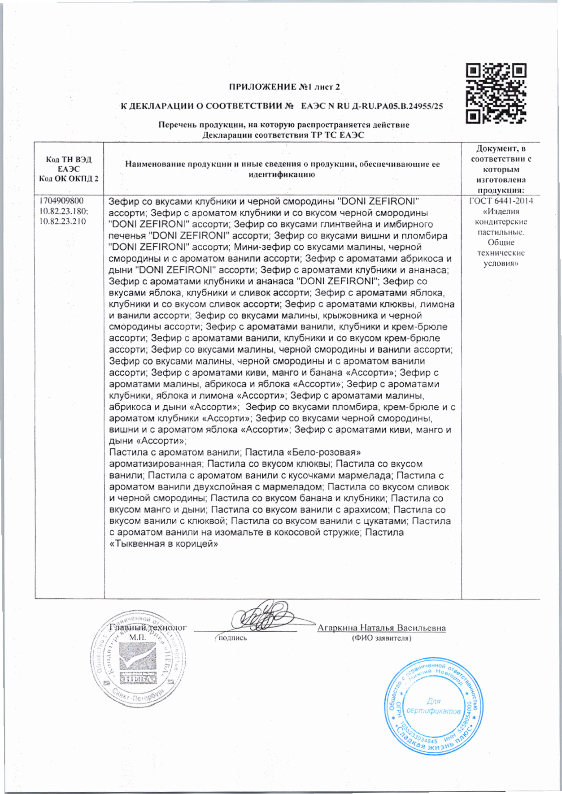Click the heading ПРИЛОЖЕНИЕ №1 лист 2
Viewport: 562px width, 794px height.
(284, 87)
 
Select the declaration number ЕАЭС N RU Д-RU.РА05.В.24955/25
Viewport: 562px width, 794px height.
(372, 106)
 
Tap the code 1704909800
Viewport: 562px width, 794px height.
(61, 201)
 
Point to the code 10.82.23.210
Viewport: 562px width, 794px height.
(63, 221)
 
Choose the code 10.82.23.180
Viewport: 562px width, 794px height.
(63, 211)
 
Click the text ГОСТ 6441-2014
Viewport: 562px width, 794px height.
(501, 201)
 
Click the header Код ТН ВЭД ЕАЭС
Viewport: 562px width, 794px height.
(69, 165)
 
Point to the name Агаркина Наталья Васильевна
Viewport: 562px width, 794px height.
(381, 628)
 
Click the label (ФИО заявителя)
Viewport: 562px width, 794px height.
(382, 638)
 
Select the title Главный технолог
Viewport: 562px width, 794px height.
(148, 627)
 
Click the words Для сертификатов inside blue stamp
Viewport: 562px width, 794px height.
(433, 707)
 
